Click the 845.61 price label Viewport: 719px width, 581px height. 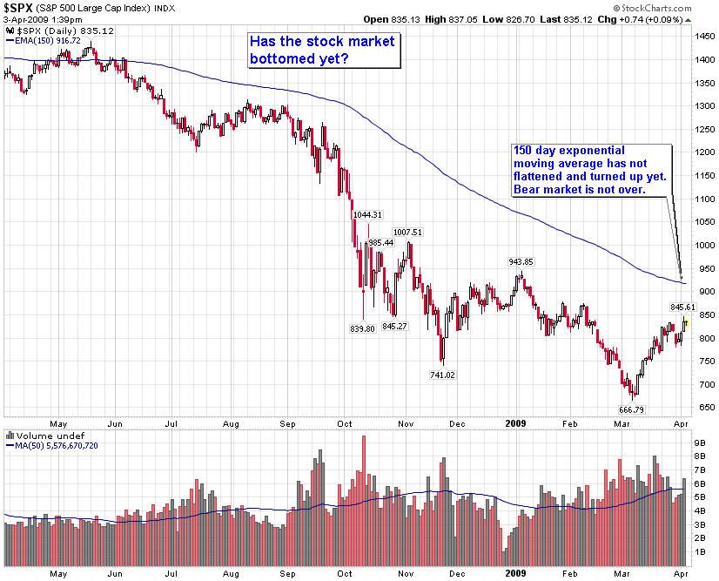point(683,307)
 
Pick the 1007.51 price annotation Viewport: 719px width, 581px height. point(407,232)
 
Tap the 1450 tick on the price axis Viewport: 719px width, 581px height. point(702,37)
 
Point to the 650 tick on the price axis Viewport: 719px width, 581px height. point(700,407)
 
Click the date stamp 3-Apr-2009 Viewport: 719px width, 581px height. point(24,19)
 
